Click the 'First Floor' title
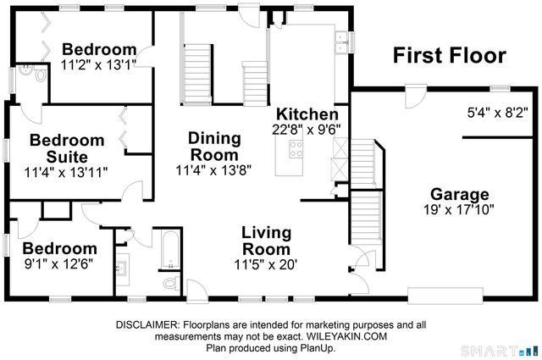[x=449, y=56]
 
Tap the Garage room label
[x=460, y=192]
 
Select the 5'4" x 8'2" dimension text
[x=498, y=111]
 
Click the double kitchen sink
[x=343, y=43]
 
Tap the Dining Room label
[x=214, y=146]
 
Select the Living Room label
[x=267, y=240]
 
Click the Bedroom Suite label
[x=67, y=147]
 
